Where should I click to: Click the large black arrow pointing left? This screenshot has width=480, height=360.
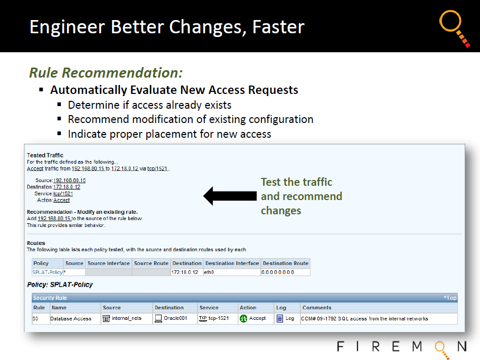point(230,196)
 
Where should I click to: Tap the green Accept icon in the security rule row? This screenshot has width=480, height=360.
point(243,319)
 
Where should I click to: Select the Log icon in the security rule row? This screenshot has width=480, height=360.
point(280,319)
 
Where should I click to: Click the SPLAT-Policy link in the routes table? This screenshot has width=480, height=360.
point(48,272)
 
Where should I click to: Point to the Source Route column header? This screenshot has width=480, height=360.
point(151,263)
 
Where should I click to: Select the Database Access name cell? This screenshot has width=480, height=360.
point(71,319)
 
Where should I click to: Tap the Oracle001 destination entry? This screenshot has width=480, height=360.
point(171,318)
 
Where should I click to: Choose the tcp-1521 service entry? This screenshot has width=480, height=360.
point(214,318)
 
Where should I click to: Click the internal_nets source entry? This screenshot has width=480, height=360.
point(122,318)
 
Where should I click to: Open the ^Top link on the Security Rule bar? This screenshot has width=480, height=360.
point(450,298)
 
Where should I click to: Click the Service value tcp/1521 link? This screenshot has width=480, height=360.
point(63,194)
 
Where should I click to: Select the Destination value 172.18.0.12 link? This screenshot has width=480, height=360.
point(67,187)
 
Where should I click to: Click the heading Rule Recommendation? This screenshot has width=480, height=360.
point(106,73)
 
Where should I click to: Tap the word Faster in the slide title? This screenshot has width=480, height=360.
point(278,27)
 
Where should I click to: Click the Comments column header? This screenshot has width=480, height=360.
point(317,308)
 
